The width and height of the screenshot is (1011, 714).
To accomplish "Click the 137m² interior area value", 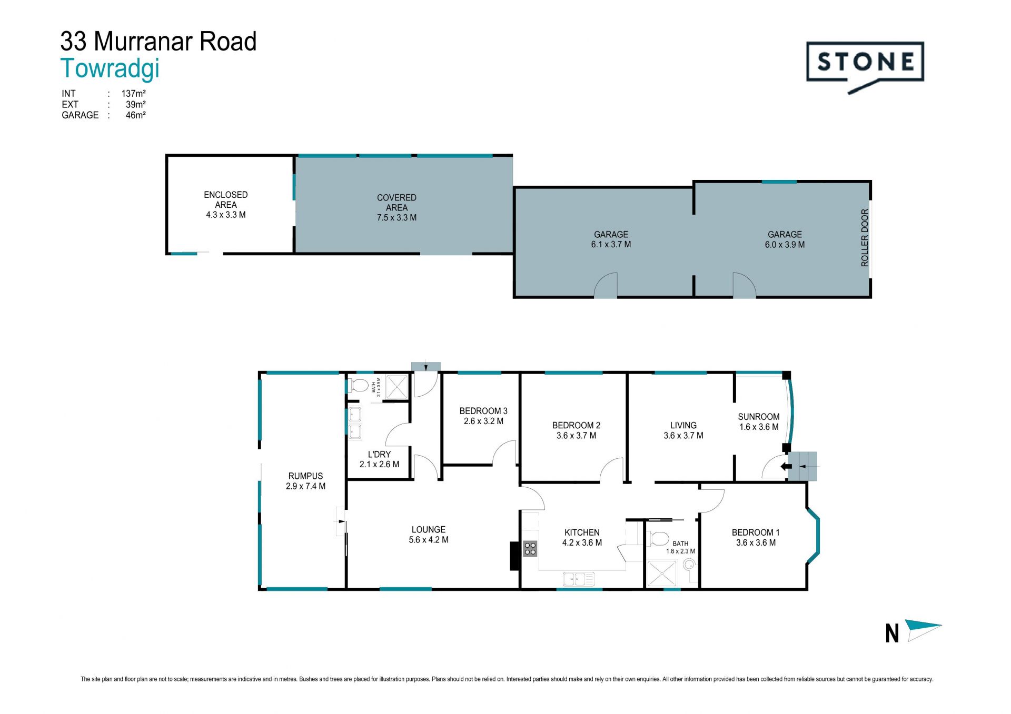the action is [133, 94].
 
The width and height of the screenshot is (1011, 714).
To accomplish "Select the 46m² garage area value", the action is [135, 115].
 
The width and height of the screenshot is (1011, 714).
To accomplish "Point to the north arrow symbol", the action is [923, 630].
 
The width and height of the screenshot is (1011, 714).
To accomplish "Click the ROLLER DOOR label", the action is [865, 238].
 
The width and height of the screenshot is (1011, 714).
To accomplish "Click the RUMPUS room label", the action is [305, 476].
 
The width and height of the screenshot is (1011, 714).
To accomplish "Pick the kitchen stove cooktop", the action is [530, 549].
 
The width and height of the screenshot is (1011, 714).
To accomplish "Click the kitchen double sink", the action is [578, 579].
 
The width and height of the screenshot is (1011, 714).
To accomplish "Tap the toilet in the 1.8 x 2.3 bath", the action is [658, 538].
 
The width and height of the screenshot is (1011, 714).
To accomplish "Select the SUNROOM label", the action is [759, 417].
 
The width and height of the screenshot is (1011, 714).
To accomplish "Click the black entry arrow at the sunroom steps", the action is [786, 466].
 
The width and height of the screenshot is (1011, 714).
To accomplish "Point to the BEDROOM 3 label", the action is [483, 411].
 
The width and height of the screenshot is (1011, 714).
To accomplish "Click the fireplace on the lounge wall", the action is [514, 556].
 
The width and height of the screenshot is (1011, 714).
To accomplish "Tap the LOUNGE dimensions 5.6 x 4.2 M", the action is [429, 540].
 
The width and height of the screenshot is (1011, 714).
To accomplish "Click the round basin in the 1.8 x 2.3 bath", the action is [689, 565].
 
